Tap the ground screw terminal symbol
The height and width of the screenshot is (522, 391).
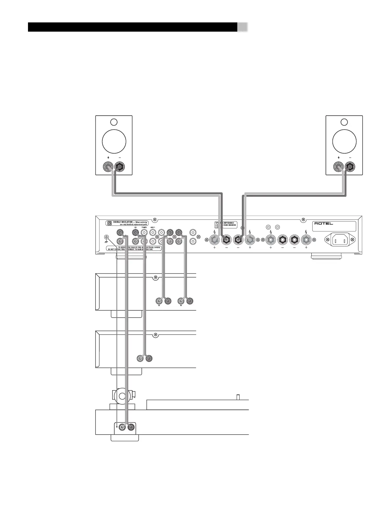click(107, 238)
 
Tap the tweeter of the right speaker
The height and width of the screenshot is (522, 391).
click(344, 122)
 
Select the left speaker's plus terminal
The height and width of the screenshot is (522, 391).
click(108, 168)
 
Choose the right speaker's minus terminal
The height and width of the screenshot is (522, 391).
click(350, 168)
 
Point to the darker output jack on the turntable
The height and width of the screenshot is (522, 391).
click(131, 427)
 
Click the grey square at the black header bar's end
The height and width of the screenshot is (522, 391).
click(243, 27)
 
